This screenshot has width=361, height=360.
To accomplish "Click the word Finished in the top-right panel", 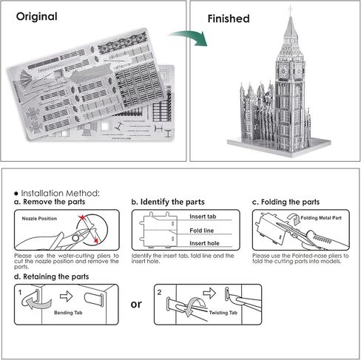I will [x=228, y=18].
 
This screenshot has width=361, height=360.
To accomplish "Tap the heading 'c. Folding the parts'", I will [x=286, y=201].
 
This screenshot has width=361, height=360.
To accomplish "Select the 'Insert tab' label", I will [x=203, y=217].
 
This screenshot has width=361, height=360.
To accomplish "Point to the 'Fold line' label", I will [x=200, y=229].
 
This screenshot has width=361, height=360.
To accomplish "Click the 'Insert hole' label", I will [x=203, y=241].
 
